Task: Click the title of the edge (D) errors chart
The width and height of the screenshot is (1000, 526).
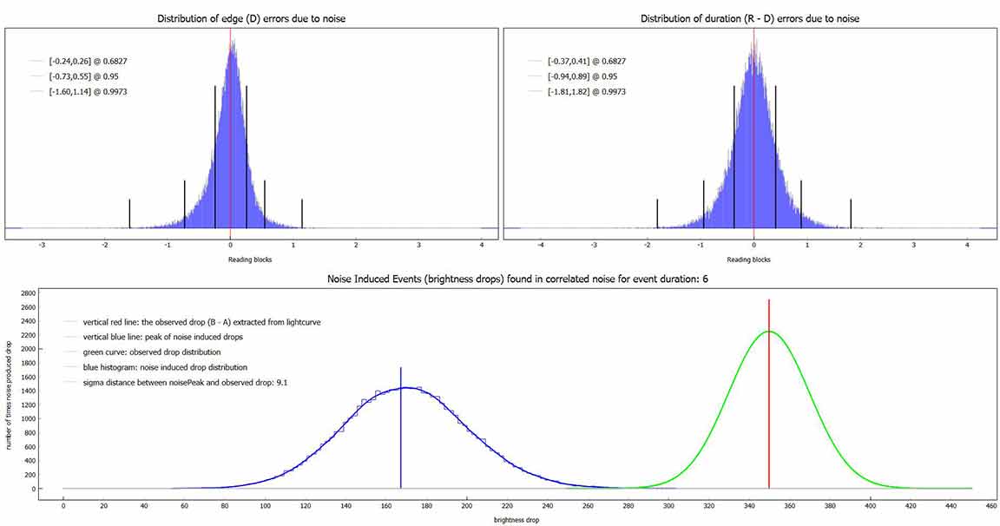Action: pyautogui.click(x=251, y=18)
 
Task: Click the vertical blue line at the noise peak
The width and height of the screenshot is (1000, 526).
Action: pyautogui.click(x=400, y=434)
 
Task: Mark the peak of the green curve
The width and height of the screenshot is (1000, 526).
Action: pyautogui.click(x=769, y=332)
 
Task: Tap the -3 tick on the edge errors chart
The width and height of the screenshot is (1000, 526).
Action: pyautogui.click(x=42, y=245)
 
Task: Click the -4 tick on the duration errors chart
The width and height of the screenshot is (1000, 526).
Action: pyautogui.click(x=541, y=245)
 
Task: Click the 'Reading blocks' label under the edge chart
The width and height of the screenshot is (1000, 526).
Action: pyautogui.click(x=244, y=260)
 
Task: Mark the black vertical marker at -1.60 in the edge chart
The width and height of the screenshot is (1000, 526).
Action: pyautogui.click(x=129, y=213)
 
